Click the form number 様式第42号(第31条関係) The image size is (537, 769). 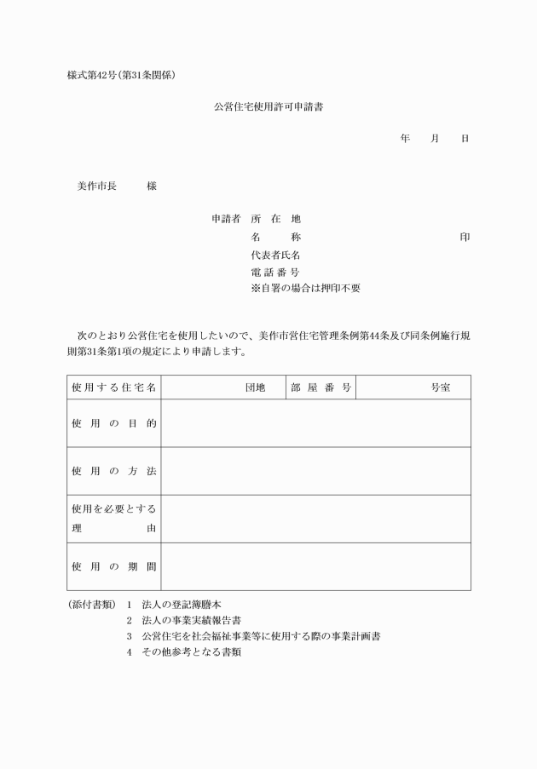click(123, 76)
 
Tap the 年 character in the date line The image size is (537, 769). click(405, 138)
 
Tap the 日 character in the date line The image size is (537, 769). click(465, 138)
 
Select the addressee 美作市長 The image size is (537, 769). click(96, 186)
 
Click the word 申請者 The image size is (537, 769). click(226, 219)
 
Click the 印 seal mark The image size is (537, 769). click(465, 237)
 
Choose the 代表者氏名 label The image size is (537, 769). click(275, 255)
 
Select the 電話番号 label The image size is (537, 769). click(275, 272)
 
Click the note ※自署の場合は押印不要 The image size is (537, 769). click(305, 289)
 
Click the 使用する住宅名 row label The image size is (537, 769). click(114, 387)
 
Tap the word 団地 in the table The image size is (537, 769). click(255, 387)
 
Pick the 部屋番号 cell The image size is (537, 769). click(321, 387)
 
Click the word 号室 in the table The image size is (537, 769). click(440, 387)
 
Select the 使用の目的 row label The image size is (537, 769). click(114, 423)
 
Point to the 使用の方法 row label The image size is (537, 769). click(114, 471)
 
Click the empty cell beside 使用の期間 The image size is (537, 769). click(315, 566)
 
